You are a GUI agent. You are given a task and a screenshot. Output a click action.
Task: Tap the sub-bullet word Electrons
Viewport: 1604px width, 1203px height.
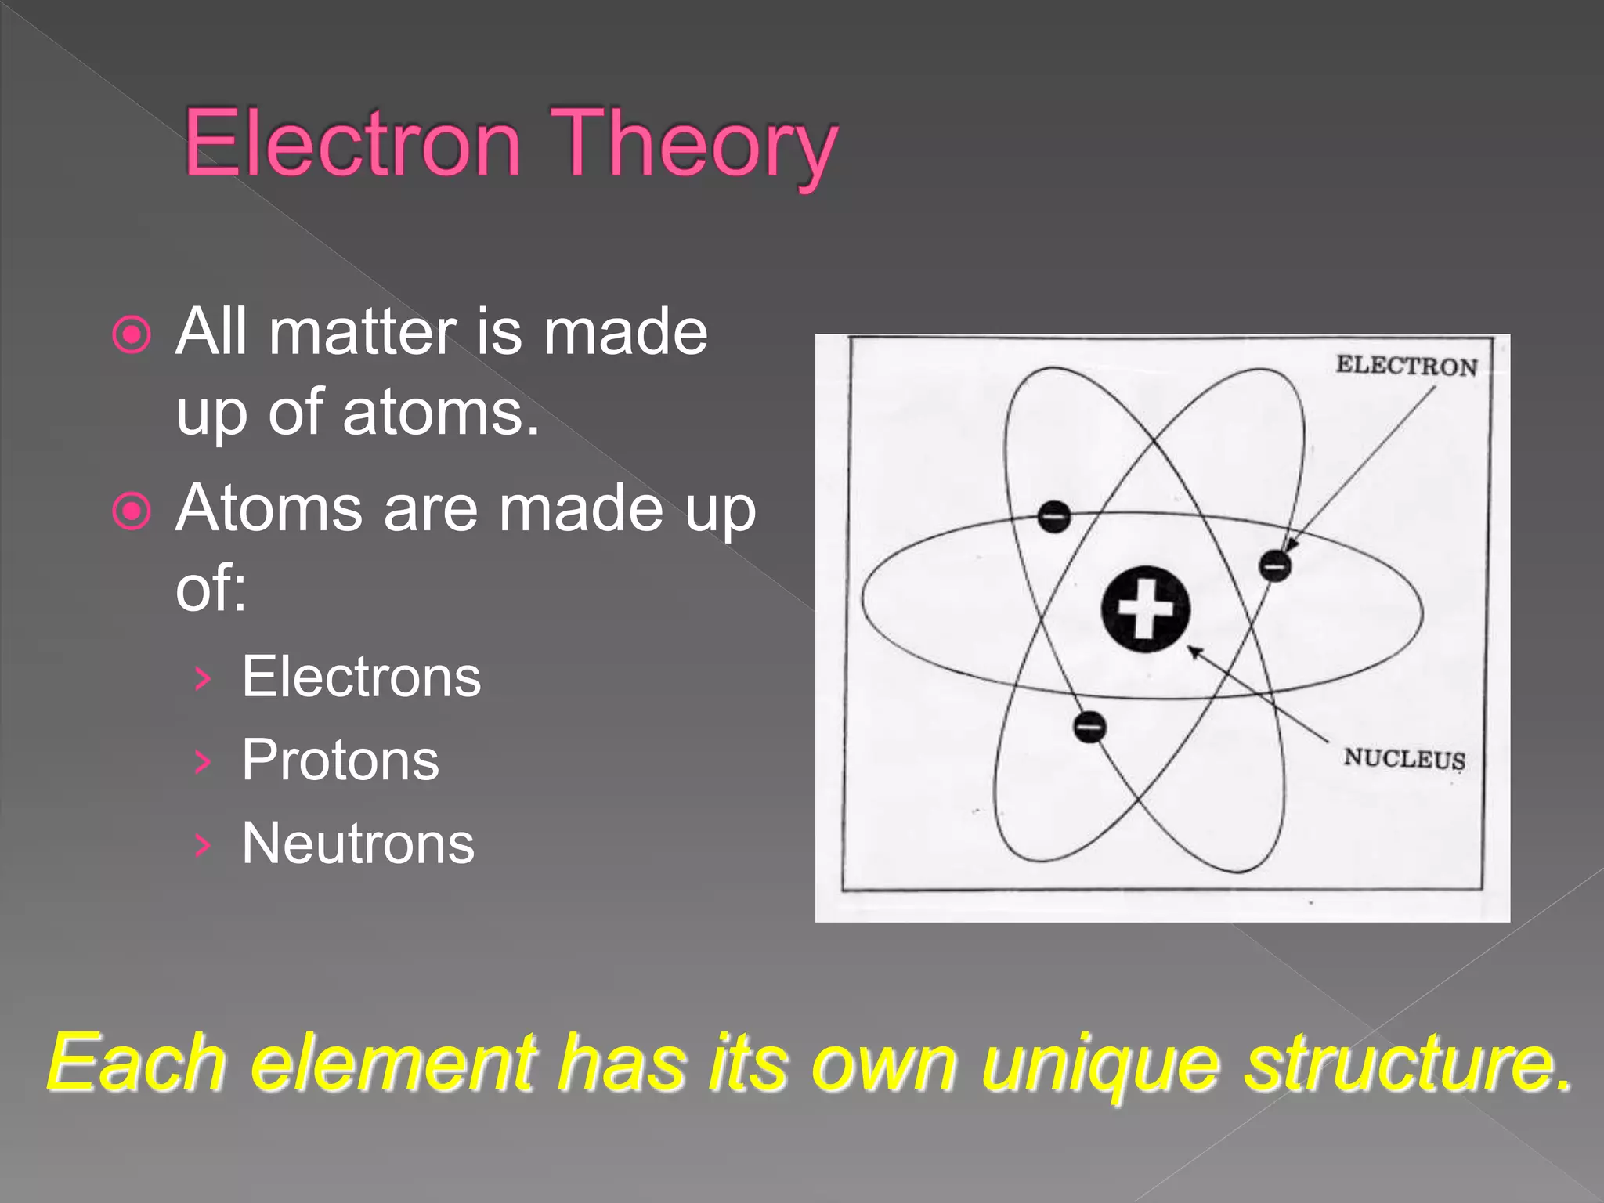pos(360,677)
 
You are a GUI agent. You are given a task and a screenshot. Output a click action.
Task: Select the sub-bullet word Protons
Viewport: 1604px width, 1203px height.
pos(340,760)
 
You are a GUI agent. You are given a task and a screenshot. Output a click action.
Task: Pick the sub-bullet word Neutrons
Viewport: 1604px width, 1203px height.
pos(358,844)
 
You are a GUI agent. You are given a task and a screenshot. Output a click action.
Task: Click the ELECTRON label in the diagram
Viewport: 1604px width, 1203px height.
pos(1406,366)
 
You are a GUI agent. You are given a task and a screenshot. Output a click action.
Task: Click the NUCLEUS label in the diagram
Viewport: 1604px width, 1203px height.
pos(1404,758)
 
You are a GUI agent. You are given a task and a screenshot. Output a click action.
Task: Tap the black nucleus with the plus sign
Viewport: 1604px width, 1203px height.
pos(1145,609)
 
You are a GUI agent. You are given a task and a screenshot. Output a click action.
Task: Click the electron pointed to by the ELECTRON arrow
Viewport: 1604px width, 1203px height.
pos(1275,565)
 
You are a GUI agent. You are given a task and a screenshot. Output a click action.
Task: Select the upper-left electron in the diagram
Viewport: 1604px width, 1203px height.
pos(1054,517)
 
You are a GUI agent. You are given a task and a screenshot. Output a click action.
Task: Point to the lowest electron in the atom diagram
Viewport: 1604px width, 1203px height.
pos(1089,726)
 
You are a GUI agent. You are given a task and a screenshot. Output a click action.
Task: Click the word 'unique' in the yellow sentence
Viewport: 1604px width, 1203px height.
pos(1100,1064)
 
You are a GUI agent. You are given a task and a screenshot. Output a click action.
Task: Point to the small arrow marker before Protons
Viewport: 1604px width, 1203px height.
pos(202,761)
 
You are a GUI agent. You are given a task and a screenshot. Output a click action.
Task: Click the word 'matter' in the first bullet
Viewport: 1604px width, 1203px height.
pos(363,332)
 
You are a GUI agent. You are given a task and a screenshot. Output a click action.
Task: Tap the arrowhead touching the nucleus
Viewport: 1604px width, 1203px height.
pos(1194,651)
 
